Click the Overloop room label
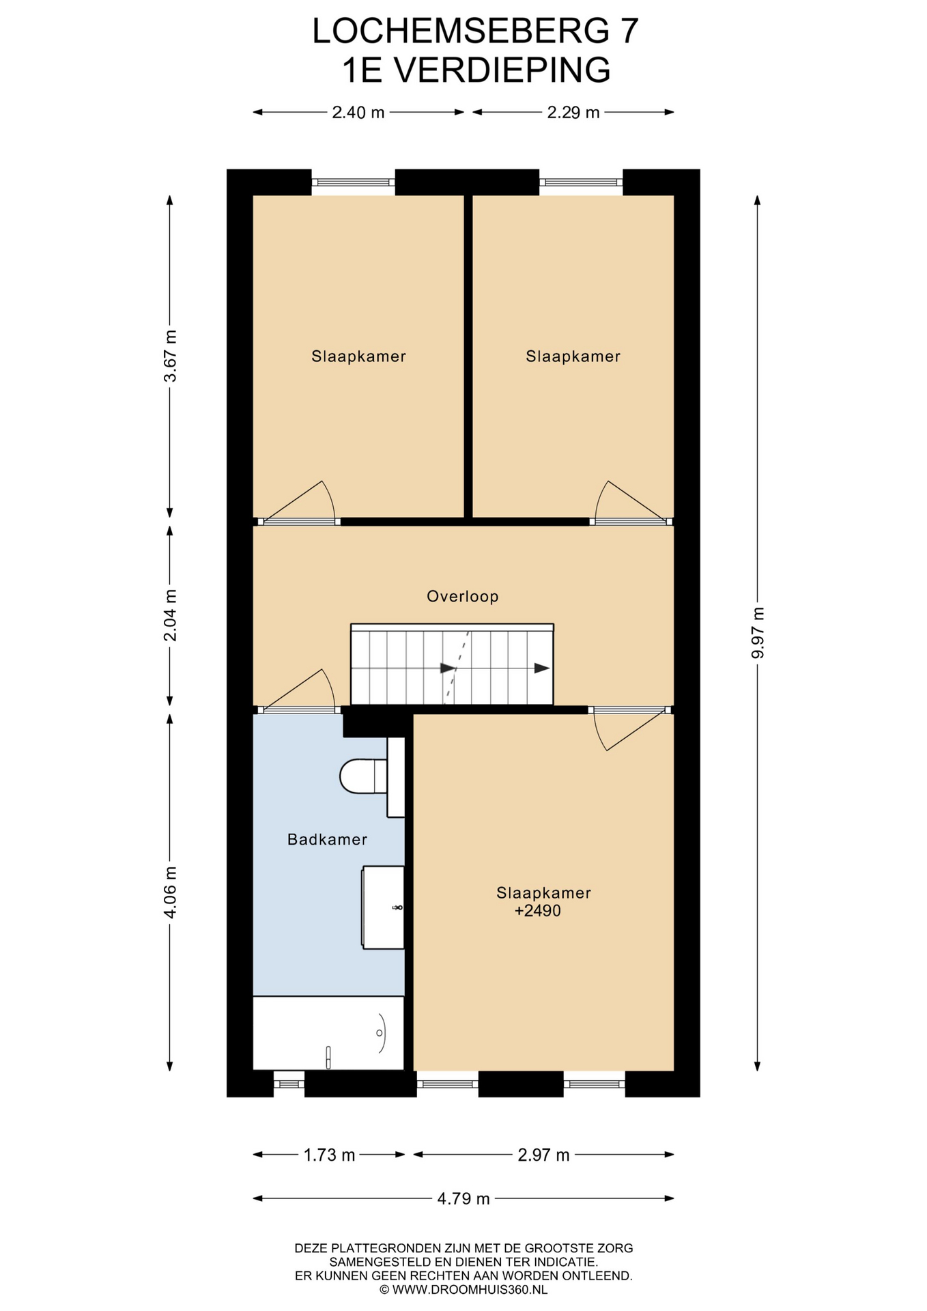click(x=463, y=596)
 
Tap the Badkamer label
click(x=327, y=839)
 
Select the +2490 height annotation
click(x=537, y=911)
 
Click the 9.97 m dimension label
click(x=757, y=633)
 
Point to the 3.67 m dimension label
click(x=170, y=356)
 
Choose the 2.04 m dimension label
click(x=170, y=615)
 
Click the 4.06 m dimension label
click(x=170, y=892)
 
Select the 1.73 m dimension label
click(x=329, y=1155)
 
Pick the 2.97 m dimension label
click(x=543, y=1155)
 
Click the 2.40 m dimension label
click(x=358, y=113)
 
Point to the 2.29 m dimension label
click(x=573, y=113)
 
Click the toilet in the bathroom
click(x=372, y=777)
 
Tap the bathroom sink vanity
click(x=383, y=907)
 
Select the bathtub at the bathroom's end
click(x=328, y=1033)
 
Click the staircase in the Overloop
click(x=452, y=664)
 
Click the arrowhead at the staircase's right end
click(x=542, y=668)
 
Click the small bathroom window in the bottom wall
click(x=289, y=1083)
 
